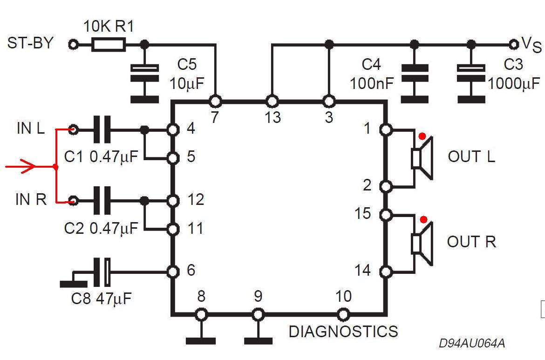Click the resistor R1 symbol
(109, 45)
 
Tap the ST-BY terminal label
(30, 43)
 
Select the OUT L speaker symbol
(422, 158)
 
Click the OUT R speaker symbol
(422, 243)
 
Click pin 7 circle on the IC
(215, 101)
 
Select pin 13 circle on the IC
(272, 101)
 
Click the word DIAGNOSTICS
(343, 332)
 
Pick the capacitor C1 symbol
(102, 129)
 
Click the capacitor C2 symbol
(102, 201)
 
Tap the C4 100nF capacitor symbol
(415, 74)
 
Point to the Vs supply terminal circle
(513, 44)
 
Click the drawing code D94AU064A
(472, 344)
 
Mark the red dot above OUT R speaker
(423, 219)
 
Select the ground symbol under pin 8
(201, 340)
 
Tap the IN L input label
(31, 128)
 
